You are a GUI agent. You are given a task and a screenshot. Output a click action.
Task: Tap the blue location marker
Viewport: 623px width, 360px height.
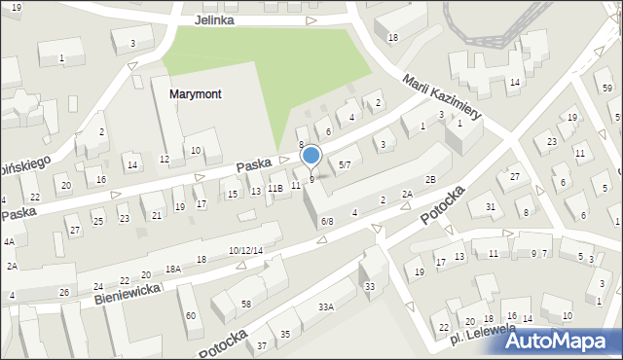[x=311, y=156]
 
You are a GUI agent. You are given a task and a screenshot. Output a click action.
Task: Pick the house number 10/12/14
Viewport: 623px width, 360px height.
[x=245, y=251]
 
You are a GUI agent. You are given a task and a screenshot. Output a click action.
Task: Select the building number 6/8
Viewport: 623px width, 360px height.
[x=327, y=222]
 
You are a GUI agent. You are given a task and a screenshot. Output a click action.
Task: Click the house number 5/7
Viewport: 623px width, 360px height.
[x=344, y=164]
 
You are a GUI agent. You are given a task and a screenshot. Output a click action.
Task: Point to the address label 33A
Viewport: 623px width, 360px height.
[x=326, y=306]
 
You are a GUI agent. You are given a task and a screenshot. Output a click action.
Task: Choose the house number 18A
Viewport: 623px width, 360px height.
[x=173, y=269]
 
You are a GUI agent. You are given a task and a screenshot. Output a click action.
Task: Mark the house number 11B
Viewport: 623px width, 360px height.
[x=275, y=188]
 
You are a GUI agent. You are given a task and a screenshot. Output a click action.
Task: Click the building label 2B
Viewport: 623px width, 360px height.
[x=430, y=179]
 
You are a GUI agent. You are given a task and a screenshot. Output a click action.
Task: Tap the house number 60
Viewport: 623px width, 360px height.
[x=191, y=314]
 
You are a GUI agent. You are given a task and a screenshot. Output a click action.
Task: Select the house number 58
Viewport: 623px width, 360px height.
[x=246, y=305]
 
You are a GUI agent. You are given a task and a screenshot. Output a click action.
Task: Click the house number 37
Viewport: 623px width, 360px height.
[x=262, y=345]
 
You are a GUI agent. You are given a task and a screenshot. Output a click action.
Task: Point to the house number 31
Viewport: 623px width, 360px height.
[x=491, y=206]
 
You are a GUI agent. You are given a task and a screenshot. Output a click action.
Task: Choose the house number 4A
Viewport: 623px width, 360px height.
[x=9, y=241]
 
